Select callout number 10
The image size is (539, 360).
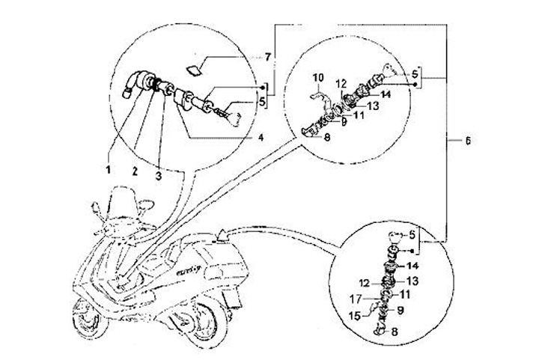pyautogui.click(x=317, y=77)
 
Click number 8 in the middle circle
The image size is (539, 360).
pyautogui.click(x=326, y=137)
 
